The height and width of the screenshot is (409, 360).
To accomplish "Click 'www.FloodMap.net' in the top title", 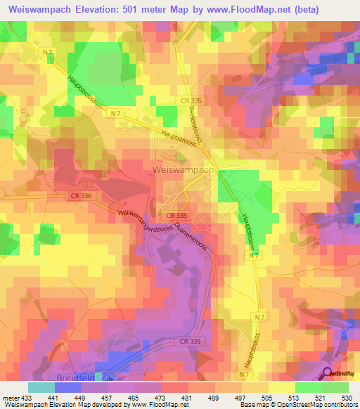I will pyautogui.click(x=243, y=9).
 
